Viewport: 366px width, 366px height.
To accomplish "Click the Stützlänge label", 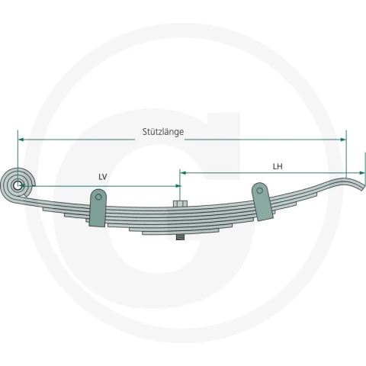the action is pyautogui.click(x=163, y=132).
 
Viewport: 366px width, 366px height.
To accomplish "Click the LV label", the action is pyautogui.click(x=103, y=177).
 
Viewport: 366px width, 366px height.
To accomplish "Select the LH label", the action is pyautogui.click(x=278, y=166).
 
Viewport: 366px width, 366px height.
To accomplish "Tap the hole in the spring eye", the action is pyautogui.click(x=18, y=185).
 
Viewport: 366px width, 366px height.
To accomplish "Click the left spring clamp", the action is pyautogui.click(x=98, y=208).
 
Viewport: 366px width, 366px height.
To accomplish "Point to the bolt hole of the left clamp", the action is pyautogui.click(x=98, y=197).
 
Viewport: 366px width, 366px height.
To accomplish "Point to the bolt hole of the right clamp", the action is pyautogui.click(x=259, y=191).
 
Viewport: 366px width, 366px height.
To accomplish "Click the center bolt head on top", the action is pyautogui.click(x=180, y=204).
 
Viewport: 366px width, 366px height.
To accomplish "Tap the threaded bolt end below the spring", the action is pyautogui.click(x=180, y=237).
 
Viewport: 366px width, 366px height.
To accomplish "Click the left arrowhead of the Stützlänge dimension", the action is pyautogui.click(x=21, y=140).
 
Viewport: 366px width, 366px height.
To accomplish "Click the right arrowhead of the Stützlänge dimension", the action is pyautogui.click(x=343, y=140).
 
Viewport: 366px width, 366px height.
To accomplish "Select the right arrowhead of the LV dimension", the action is pyautogui.click(x=178, y=186).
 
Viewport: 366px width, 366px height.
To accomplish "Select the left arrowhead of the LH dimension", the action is pyautogui.click(x=183, y=173).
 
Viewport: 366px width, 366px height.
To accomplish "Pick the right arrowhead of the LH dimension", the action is pyautogui.click(x=362, y=173).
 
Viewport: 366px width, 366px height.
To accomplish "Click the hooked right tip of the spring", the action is pyautogui.click(x=362, y=187).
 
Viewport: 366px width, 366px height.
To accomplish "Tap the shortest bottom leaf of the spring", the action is pyautogui.click(x=180, y=233).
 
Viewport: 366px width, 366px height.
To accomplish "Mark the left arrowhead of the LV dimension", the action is pyautogui.click(x=22, y=186).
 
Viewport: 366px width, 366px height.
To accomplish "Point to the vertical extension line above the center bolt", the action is pyautogui.click(x=180, y=185).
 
